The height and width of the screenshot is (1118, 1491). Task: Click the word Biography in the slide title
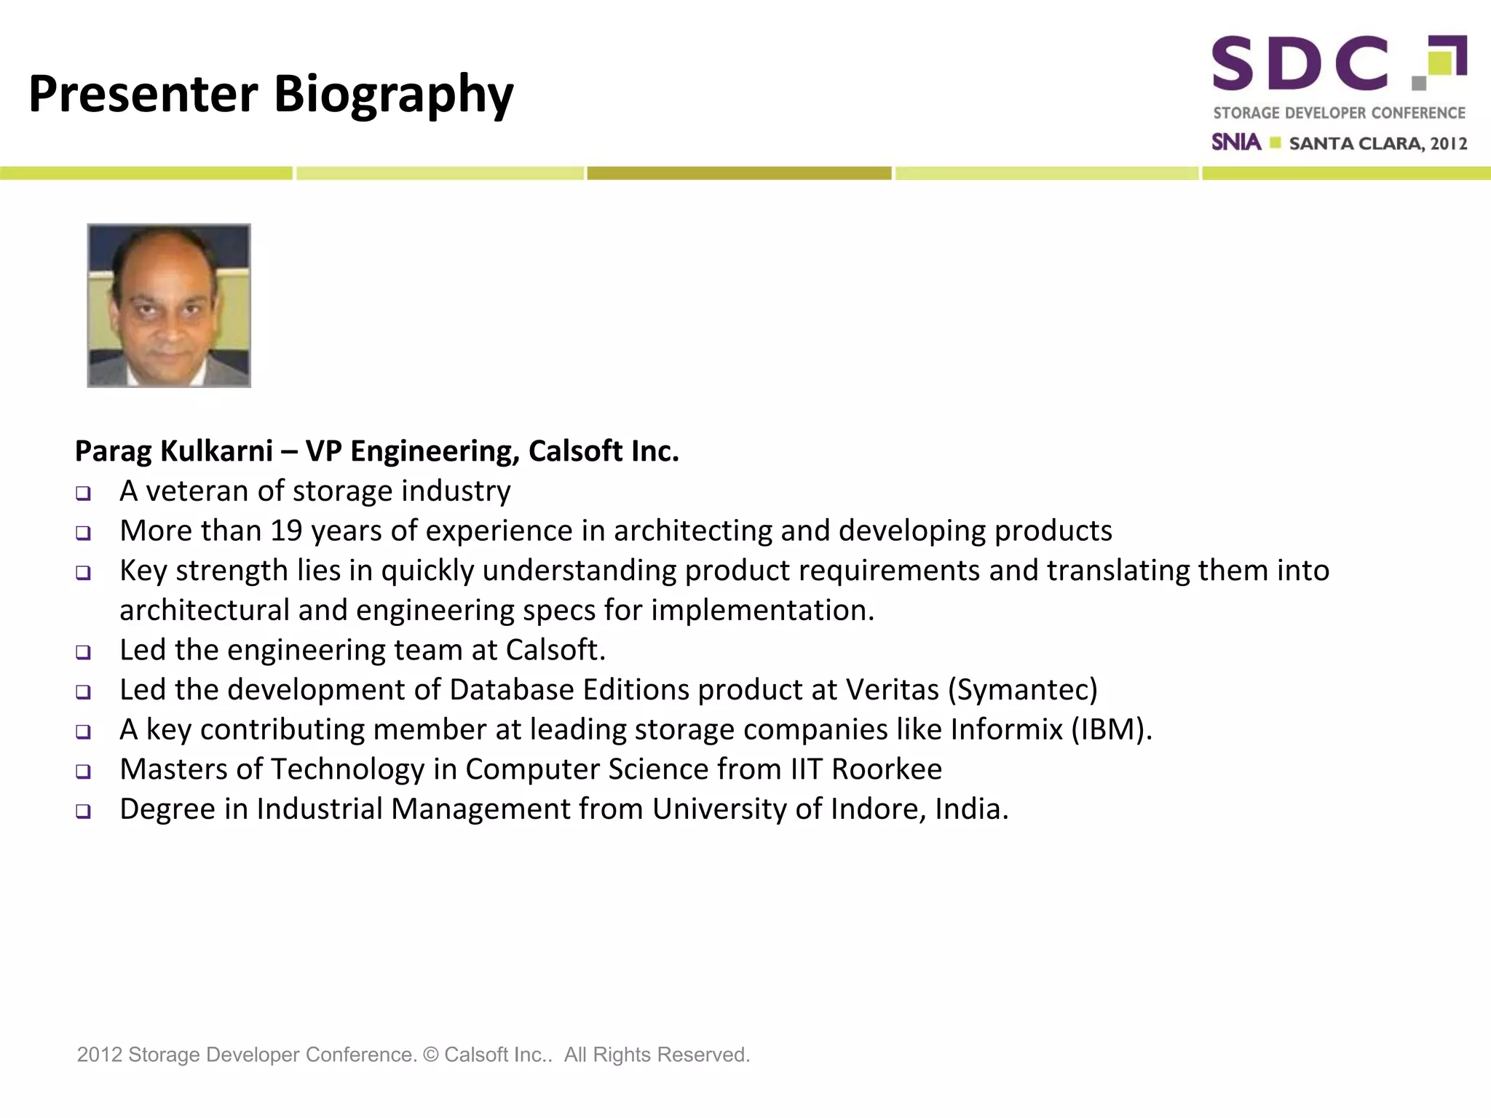point(393,95)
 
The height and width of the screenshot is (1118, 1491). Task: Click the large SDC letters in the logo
point(1300,64)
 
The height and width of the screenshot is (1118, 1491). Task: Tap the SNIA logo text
point(1235,142)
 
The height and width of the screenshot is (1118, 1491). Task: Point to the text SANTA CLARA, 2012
point(1377,143)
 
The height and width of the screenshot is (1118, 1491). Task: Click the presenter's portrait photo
point(169,306)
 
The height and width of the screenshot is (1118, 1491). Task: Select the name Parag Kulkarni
point(174,451)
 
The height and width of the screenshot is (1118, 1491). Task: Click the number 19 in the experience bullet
point(286,531)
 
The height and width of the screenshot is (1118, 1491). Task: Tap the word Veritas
point(892,689)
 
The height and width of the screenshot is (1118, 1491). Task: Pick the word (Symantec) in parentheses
point(1022,689)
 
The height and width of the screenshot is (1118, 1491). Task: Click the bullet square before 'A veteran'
point(84,493)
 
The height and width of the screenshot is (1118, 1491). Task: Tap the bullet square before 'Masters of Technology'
point(84,772)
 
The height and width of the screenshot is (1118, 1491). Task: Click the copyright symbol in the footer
point(431,1055)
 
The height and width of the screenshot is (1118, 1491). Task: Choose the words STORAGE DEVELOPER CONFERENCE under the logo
point(1339,113)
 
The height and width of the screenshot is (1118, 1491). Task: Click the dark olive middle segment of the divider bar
point(739,173)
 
